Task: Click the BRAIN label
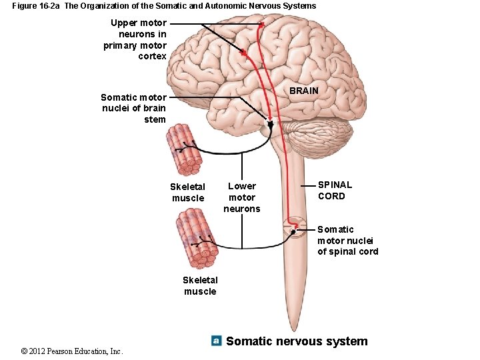click(x=304, y=91)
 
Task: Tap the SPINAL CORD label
click(x=335, y=190)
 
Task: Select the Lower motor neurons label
click(x=242, y=197)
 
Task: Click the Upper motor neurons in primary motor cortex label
click(x=135, y=39)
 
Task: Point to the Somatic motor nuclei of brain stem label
click(x=133, y=108)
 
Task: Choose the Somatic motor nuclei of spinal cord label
click(x=347, y=240)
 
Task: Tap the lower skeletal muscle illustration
click(x=197, y=237)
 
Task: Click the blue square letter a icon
click(x=216, y=341)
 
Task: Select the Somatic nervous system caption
click(x=297, y=341)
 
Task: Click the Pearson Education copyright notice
click(x=72, y=351)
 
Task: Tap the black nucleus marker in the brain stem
click(x=270, y=124)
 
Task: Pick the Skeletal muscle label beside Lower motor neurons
click(x=188, y=192)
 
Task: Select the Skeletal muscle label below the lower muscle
click(x=200, y=285)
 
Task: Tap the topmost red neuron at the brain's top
click(x=262, y=25)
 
